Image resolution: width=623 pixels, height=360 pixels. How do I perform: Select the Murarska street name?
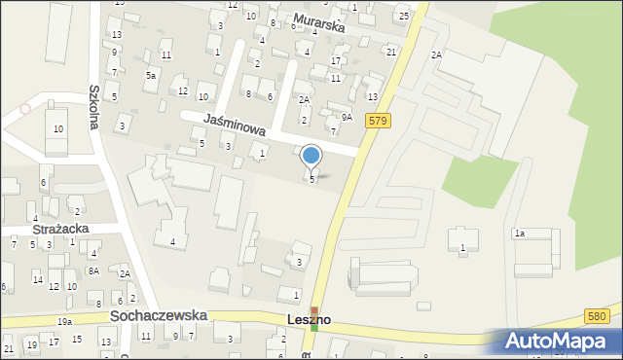(x=319, y=25)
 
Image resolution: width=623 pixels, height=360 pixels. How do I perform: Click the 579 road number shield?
(x=380, y=120)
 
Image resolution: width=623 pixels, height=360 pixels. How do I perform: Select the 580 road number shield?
(x=600, y=315)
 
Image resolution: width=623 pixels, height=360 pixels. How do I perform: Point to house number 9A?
(x=346, y=118)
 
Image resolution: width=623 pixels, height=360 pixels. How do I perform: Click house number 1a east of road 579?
(x=520, y=234)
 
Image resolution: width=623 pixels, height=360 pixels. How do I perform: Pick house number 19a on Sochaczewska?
(x=64, y=321)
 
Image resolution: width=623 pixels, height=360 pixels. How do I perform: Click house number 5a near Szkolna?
(x=150, y=75)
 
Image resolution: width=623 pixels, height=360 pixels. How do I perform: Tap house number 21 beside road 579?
(x=390, y=51)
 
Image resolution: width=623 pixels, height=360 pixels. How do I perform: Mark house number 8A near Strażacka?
(x=93, y=270)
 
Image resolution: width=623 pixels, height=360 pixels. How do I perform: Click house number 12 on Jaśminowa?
(x=183, y=90)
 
